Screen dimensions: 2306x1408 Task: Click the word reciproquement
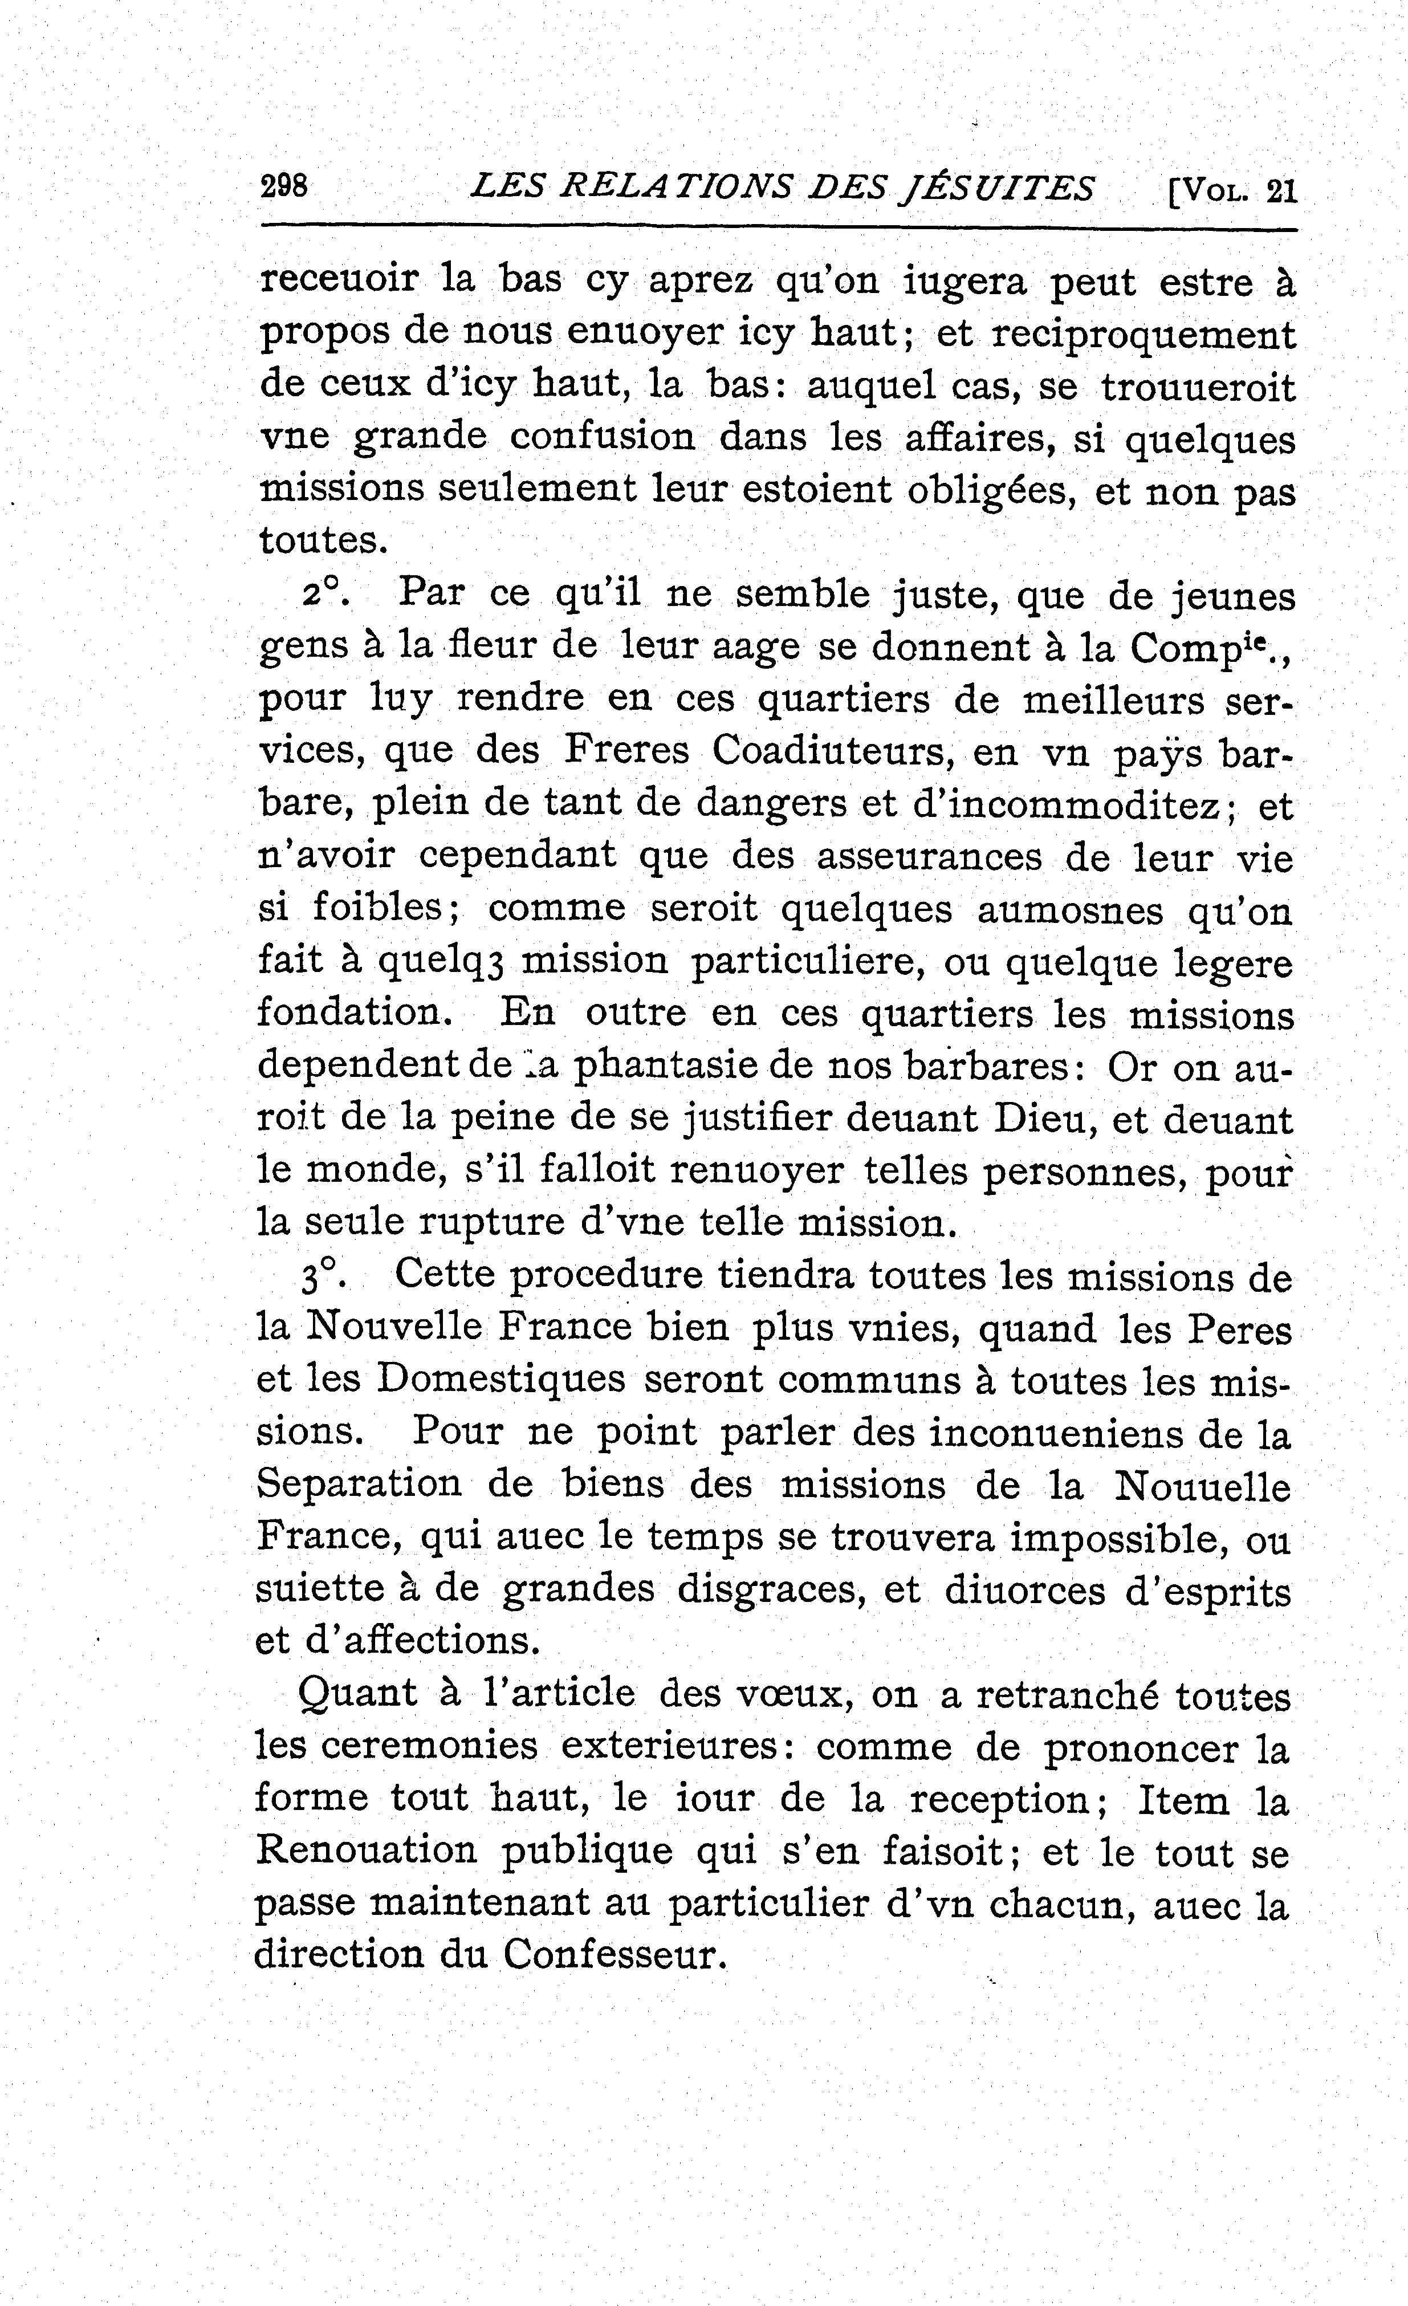pyautogui.click(x=1144, y=335)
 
